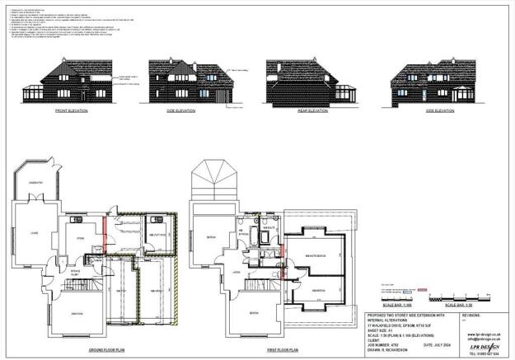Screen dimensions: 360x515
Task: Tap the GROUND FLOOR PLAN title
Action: coord(106,350)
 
